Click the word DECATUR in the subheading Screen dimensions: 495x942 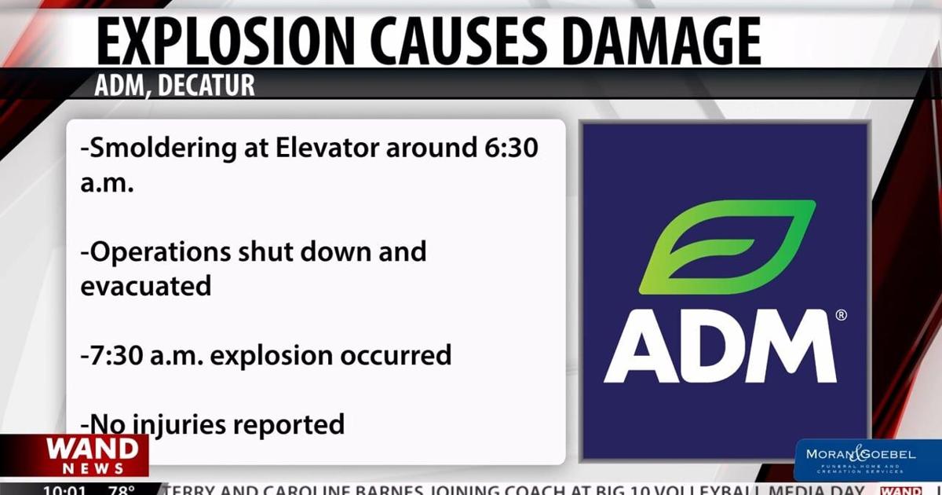tap(206, 84)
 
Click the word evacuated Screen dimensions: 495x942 tap(146, 285)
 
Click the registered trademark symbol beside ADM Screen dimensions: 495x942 tap(841, 315)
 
